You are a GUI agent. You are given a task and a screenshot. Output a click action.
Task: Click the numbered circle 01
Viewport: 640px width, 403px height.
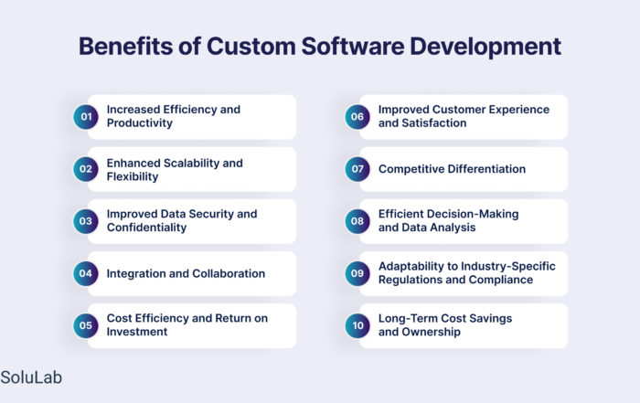click(86, 117)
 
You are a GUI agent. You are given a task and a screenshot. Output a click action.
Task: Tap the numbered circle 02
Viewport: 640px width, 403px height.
click(86, 169)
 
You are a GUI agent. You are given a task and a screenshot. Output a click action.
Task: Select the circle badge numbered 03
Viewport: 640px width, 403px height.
click(86, 221)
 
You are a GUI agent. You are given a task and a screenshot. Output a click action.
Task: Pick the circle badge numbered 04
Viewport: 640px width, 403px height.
click(86, 273)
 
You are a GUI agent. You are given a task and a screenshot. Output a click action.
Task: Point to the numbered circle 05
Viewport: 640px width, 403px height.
click(86, 325)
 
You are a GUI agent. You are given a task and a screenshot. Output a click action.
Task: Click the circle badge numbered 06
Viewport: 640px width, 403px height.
click(357, 117)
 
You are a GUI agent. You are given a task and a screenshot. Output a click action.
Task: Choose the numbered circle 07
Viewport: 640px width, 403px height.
click(357, 169)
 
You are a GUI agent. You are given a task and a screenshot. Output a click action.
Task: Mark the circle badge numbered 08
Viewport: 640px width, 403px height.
click(357, 221)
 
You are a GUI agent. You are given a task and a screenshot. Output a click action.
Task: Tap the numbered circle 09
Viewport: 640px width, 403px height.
click(357, 273)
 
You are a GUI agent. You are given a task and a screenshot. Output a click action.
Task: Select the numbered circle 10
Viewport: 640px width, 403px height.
click(357, 325)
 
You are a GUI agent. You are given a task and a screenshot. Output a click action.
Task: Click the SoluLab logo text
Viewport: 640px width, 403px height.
click(31, 377)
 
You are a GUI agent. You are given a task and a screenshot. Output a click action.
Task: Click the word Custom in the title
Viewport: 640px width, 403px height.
click(251, 46)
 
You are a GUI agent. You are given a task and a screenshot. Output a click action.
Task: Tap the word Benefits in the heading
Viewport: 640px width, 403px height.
click(126, 46)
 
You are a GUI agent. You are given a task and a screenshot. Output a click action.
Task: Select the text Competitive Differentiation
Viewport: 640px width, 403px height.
click(452, 169)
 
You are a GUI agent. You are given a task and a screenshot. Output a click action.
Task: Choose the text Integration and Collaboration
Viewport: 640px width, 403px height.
click(186, 273)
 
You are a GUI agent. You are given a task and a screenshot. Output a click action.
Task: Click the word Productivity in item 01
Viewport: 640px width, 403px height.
click(140, 123)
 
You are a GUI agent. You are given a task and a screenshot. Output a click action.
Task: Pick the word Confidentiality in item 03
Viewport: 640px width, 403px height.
click(146, 228)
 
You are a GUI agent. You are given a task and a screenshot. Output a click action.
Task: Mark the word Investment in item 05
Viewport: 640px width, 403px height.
click(137, 332)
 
